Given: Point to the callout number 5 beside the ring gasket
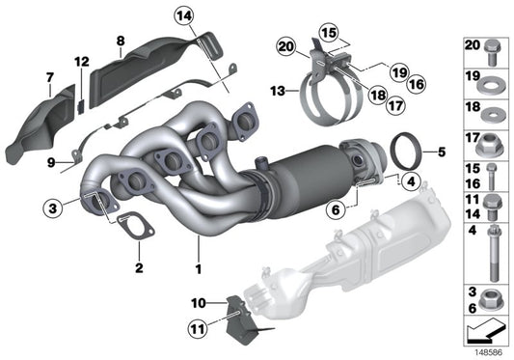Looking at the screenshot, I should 443,152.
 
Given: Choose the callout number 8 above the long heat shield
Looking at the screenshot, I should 121,40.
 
